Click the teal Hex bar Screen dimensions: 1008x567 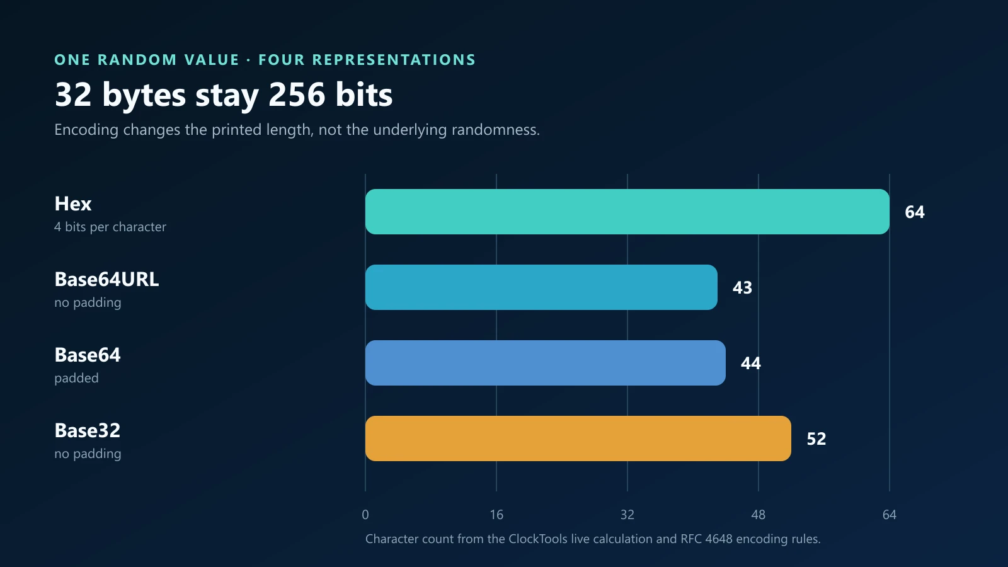click(627, 212)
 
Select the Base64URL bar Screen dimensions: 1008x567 click(541, 287)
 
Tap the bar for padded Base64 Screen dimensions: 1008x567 click(546, 363)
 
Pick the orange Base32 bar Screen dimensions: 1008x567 click(578, 438)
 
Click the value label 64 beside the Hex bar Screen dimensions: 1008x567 click(915, 212)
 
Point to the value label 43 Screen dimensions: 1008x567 click(743, 287)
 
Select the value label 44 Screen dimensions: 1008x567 click(750, 363)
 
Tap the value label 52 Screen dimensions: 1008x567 click(816, 438)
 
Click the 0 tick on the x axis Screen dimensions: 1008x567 click(365, 515)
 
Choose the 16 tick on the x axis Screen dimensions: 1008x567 click(496, 515)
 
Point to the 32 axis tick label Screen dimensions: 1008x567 click(627, 515)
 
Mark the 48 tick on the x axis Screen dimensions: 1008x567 click(759, 515)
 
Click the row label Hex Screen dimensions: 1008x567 click(73, 204)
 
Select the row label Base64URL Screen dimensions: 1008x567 click(106, 280)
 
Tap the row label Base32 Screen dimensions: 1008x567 click(88, 431)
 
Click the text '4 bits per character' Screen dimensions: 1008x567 click(110, 227)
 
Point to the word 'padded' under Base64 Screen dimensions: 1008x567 click(76, 378)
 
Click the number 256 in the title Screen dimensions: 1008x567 click(297, 94)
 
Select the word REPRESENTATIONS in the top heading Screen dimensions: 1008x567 click(394, 60)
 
